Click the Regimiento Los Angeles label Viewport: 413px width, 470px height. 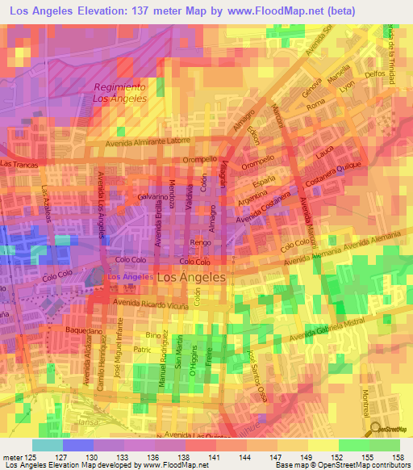pyautogui.click(x=119, y=93)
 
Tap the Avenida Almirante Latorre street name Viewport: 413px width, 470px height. pyautogui.click(x=152, y=141)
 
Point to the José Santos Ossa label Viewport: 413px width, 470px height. pyautogui.click(x=257, y=370)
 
